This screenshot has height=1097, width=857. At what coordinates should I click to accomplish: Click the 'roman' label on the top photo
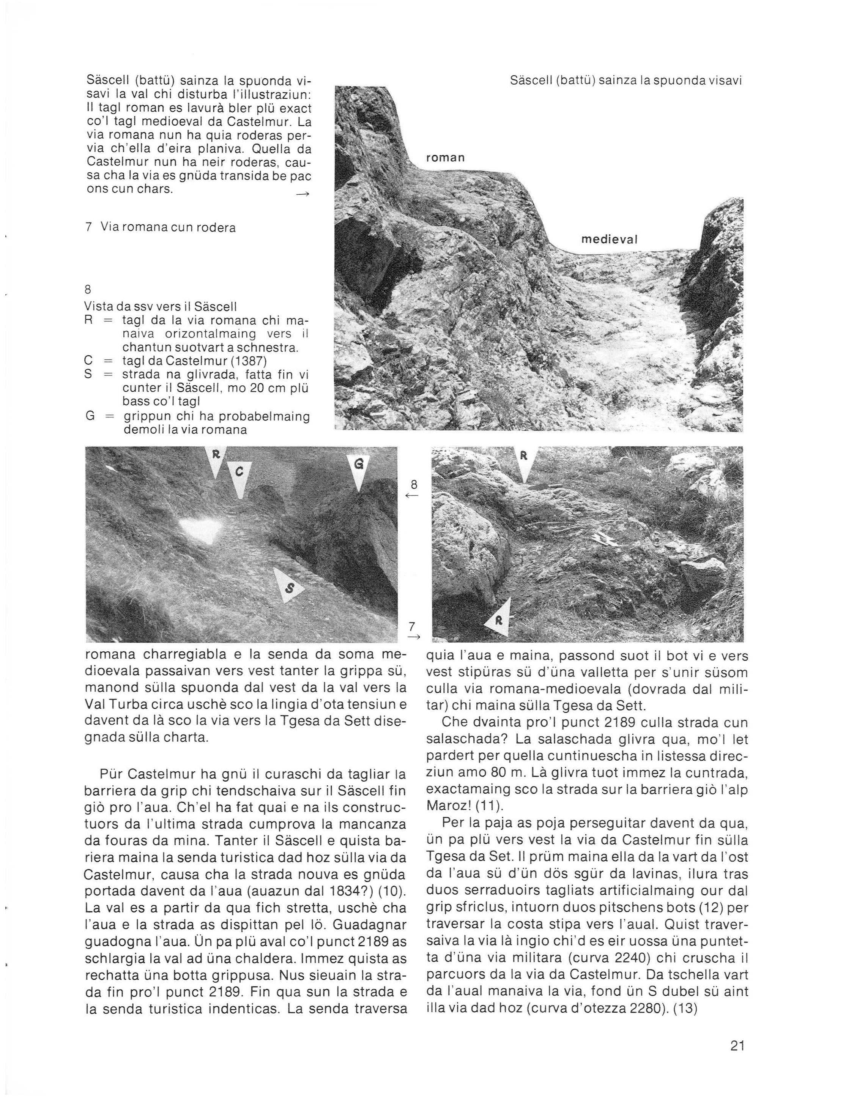pyautogui.click(x=445, y=158)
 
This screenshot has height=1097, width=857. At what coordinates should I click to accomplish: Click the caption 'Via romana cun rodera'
pyautogui.click(x=167, y=227)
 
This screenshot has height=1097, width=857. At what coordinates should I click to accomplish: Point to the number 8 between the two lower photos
pyautogui.click(x=414, y=485)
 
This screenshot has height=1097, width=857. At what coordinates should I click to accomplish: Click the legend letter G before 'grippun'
pyautogui.click(x=90, y=416)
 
